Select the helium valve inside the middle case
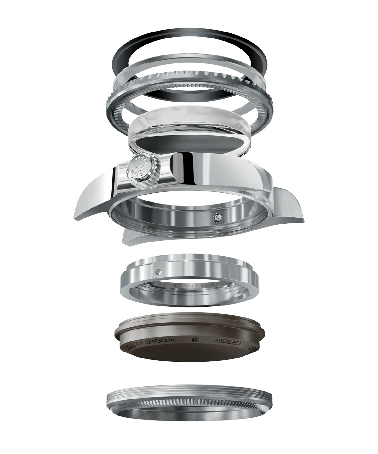click(217, 217)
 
